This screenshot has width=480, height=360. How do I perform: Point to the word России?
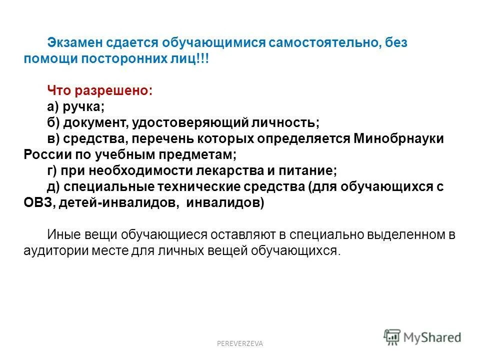[x=46, y=154]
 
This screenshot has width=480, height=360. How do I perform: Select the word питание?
[x=312, y=170]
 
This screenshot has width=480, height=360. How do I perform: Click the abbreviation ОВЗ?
[x=37, y=202]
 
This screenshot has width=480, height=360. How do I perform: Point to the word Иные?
[x=63, y=234]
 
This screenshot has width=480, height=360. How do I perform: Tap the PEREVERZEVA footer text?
[x=239, y=343]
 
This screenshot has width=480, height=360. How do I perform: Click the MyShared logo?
[x=422, y=337]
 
